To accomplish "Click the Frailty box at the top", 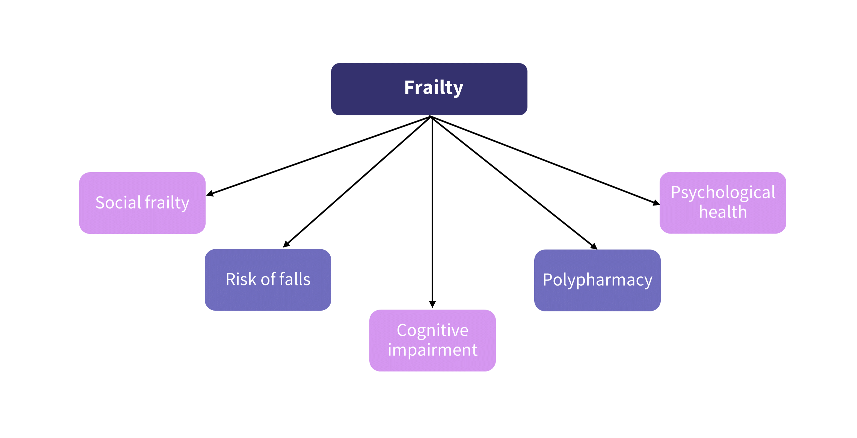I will [x=429, y=89].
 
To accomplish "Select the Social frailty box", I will [x=143, y=203].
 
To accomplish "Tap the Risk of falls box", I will [x=268, y=279].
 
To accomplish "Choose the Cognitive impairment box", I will [x=432, y=340].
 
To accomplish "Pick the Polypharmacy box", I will [x=597, y=280].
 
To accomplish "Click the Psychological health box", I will [x=723, y=203].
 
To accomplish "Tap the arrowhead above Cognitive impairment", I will [x=432, y=304].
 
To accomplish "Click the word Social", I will [x=118, y=203].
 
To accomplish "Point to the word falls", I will [x=295, y=279].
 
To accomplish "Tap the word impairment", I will [x=432, y=350].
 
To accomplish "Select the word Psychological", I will [x=723, y=192].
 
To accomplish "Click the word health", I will [x=723, y=212].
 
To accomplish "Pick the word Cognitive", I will [x=432, y=331].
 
